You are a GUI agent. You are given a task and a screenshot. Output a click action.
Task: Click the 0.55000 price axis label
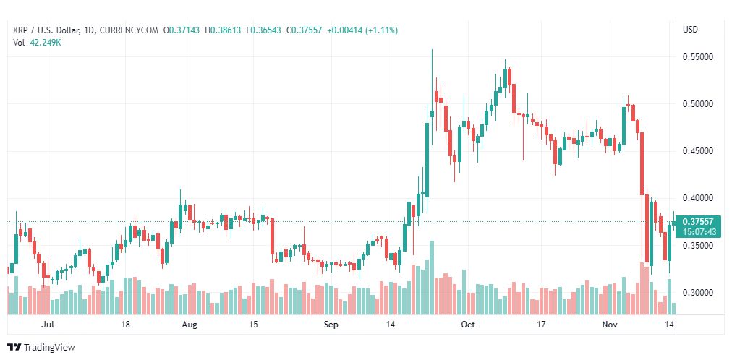click(x=698, y=57)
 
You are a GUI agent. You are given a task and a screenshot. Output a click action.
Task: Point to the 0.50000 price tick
click(x=698, y=104)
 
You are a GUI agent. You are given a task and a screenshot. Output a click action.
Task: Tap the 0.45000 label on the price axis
click(x=698, y=151)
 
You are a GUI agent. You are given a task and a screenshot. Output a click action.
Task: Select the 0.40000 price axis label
click(x=698, y=198)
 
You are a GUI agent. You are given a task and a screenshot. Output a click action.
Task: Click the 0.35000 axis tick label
click(x=698, y=245)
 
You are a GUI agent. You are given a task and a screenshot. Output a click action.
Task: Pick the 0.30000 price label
click(x=698, y=293)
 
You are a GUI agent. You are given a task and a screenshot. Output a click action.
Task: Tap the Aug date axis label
click(x=190, y=325)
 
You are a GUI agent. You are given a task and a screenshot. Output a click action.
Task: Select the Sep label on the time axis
click(x=331, y=325)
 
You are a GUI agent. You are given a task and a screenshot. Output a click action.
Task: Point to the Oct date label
click(x=468, y=325)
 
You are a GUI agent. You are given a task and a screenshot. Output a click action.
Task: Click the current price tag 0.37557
click(x=698, y=221)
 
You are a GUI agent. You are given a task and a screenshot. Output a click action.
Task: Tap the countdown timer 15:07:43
click(x=698, y=231)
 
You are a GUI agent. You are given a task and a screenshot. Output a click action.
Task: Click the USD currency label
click(x=691, y=30)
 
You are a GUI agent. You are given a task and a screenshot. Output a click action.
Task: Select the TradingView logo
click(x=41, y=348)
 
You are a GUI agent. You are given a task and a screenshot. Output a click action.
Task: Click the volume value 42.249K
click(x=46, y=43)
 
